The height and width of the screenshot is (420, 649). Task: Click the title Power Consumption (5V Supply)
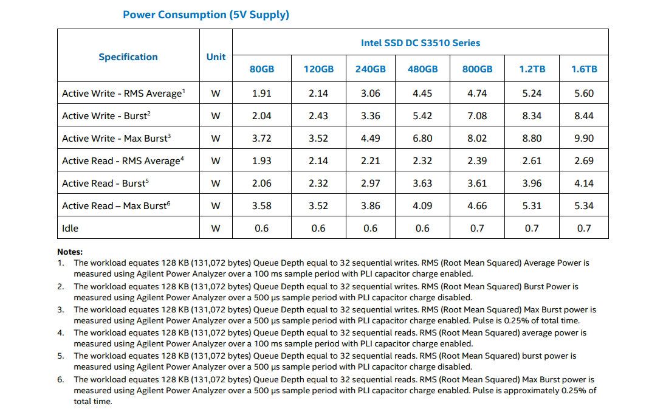click(x=206, y=15)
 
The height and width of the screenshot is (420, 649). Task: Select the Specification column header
click(x=128, y=57)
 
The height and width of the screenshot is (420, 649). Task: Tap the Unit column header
click(x=216, y=57)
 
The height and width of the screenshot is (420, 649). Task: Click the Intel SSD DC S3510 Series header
click(x=421, y=43)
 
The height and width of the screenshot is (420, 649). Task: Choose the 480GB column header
click(x=422, y=69)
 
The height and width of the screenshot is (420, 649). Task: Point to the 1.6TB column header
click(x=584, y=69)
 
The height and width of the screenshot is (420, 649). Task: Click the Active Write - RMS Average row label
click(x=123, y=94)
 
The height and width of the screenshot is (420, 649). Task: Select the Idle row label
click(x=70, y=228)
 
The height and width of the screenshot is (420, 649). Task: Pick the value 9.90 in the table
click(x=584, y=138)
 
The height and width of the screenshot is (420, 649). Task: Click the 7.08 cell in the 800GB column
click(x=477, y=115)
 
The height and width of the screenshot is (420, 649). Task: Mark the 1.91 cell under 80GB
click(x=262, y=93)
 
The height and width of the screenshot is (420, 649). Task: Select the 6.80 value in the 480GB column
click(x=422, y=138)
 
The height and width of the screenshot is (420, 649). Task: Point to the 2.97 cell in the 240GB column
click(x=370, y=183)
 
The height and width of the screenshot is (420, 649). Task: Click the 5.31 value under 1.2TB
click(x=532, y=205)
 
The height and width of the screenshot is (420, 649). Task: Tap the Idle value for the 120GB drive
click(x=318, y=228)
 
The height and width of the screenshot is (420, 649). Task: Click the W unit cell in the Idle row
click(x=216, y=228)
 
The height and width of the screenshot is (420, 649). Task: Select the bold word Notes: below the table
click(x=70, y=252)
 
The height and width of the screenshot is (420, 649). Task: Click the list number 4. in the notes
click(x=61, y=332)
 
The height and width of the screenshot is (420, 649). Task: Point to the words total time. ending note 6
click(x=93, y=401)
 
